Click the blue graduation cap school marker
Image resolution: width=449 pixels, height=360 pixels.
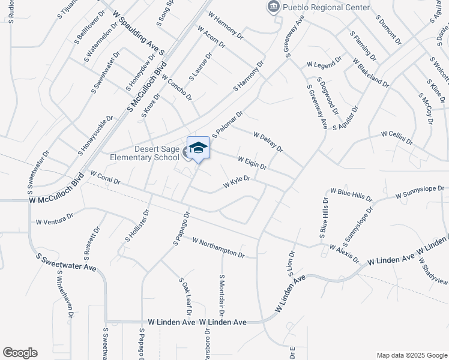point(199,148)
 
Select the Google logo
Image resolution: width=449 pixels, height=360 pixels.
point(20,352)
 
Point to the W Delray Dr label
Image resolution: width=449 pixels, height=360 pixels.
point(268,142)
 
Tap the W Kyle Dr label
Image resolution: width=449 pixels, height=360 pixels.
point(237,182)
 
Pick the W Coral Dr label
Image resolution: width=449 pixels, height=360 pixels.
point(105,177)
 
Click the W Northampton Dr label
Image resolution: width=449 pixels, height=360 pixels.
point(218,247)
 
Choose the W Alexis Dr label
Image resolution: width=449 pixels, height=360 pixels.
point(344,253)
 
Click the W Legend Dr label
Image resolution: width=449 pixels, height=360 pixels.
point(324,62)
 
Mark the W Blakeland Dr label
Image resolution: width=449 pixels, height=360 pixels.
point(370,73)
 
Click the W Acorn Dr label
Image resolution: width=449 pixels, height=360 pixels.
point(210,37)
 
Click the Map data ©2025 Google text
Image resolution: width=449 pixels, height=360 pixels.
point(411,355)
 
